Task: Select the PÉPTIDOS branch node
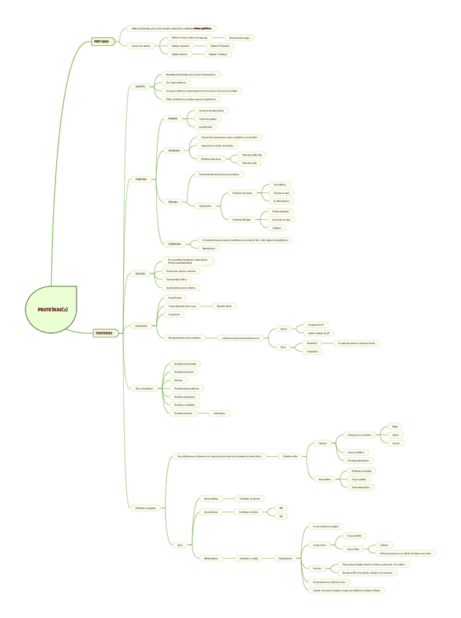point(103,42)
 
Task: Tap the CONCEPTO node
point(140,86)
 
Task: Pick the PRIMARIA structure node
point(173,118)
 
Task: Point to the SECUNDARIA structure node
point(174,151)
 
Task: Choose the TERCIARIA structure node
point(173,201)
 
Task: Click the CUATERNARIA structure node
point(175,243)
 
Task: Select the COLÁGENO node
point(140,274)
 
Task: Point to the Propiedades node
point(142,326)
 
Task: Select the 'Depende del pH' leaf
point(225,306)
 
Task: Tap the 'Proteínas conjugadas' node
point(146,507)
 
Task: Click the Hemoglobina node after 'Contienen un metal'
point(285,559)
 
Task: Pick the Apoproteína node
point(325,480)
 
